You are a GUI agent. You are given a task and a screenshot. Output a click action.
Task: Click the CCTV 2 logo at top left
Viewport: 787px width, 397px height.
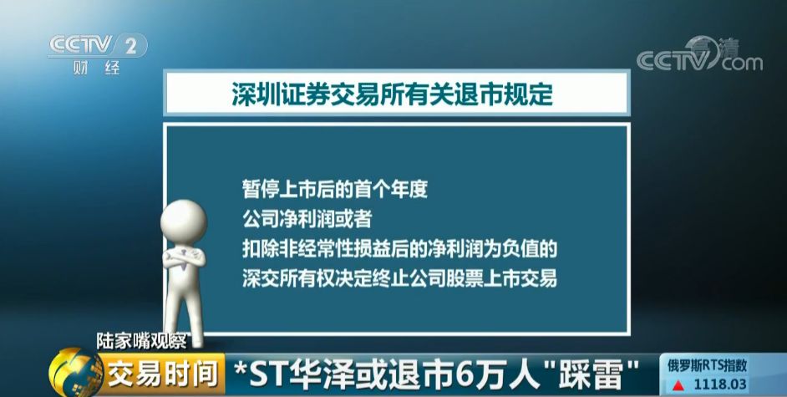[x=98, y=46]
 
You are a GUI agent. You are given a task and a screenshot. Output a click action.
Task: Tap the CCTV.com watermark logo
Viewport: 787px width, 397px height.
[x=699, y=54]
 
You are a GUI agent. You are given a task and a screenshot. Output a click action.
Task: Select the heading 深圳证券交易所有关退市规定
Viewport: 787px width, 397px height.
[x=392, y=94]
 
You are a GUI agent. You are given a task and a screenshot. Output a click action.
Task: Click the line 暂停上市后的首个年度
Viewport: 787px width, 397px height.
[x=335, y=189]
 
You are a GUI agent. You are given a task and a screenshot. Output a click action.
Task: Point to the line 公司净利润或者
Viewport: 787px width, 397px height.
[x=307, y=219]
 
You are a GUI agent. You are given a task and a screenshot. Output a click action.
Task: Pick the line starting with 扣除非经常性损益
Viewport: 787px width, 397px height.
[x=399, y=248]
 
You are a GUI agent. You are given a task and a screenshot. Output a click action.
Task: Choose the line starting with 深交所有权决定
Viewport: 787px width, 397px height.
[x=399, y=278]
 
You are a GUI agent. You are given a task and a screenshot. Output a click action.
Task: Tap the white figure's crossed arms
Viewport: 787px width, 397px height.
[x=184, y=257]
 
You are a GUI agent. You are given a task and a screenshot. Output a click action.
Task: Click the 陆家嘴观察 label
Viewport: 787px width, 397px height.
[x=142, y=341]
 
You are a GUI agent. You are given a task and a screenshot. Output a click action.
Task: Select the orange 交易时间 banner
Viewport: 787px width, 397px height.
[x=163, y=375]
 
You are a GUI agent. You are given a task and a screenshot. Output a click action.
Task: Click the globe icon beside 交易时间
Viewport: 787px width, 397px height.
[x=75, y=373]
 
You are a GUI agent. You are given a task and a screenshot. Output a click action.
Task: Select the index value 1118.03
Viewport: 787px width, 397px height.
[x=721, y=385]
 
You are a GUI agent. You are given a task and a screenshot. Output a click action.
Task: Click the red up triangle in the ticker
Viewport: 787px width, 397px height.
[x=678, y=385]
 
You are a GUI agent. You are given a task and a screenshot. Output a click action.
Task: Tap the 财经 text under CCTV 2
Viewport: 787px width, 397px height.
[x=96, y=68]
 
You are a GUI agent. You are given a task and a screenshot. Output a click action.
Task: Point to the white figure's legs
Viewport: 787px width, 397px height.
[x=185, y=306]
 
